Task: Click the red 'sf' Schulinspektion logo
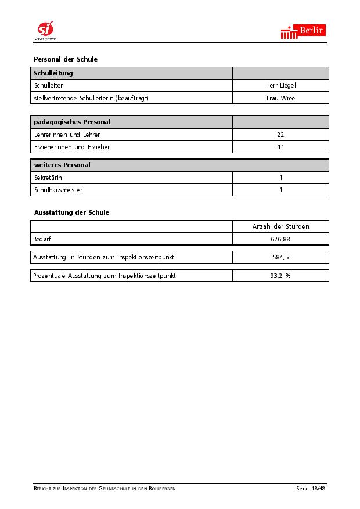(x=45, y=29)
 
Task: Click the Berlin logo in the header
(x=303, y=32)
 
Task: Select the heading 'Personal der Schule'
(x=66, y=59)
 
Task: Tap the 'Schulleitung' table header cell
(x=53, y=73)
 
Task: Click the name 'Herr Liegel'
(x=280, y=86)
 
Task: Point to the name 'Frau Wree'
(x=280, y=98)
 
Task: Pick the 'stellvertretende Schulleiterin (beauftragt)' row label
(x=91, y=98)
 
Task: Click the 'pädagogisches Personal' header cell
(x=72, y=122)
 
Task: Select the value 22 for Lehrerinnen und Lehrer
(x=280, y=135)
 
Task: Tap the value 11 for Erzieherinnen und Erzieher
(x=280, y=147)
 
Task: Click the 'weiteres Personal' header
(x=62, y=165)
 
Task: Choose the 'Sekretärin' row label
(x=49, y=178)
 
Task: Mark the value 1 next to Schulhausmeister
(x=281, y=190)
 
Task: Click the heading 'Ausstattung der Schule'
(x=71, y=212)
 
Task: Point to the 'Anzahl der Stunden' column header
(x=280, y=226)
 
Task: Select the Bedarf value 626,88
(x=280, y=239)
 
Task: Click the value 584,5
(x=280, y=257)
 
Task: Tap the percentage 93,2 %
(x=280, y=276)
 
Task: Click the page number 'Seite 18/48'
(x=311, y=489)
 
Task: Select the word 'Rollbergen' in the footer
(x=161, y=489)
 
